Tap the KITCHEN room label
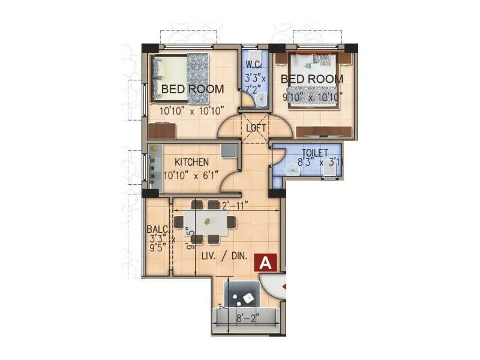[191, 162]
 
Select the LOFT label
[256, 128]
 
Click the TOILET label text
[314, 153]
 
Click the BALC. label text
[157, 229]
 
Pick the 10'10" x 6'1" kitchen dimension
[191, 176]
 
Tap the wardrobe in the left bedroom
[162, 130]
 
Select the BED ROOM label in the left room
[193, 89]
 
